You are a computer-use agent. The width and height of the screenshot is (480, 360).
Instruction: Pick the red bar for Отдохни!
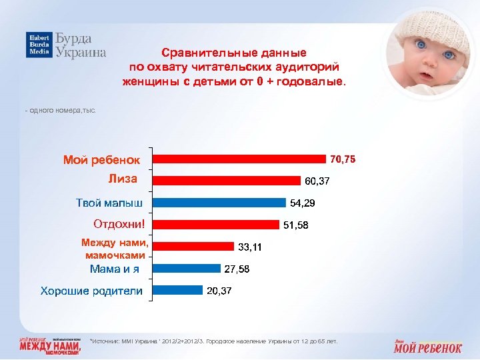[217, 225]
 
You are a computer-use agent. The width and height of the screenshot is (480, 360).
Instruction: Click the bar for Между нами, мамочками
[193, 247]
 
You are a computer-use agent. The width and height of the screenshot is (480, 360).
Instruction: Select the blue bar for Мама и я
[187, 269]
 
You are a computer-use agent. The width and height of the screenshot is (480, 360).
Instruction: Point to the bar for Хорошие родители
[178, 290]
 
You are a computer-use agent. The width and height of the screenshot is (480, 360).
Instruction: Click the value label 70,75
[343, 159]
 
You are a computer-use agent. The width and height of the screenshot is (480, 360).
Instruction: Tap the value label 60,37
[317, 181]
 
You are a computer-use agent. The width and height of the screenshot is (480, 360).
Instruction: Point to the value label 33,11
[250, 247]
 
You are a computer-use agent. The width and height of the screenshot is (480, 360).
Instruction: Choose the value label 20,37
[219, 291]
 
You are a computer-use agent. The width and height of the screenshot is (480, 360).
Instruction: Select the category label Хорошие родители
[91, 291]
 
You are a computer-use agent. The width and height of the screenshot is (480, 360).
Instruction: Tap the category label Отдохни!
[119, 224]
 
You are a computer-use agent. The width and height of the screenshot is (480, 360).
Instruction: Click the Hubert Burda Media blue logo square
[39, 45]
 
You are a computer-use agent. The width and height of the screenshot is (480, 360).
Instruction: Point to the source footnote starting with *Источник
[213, 341]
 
